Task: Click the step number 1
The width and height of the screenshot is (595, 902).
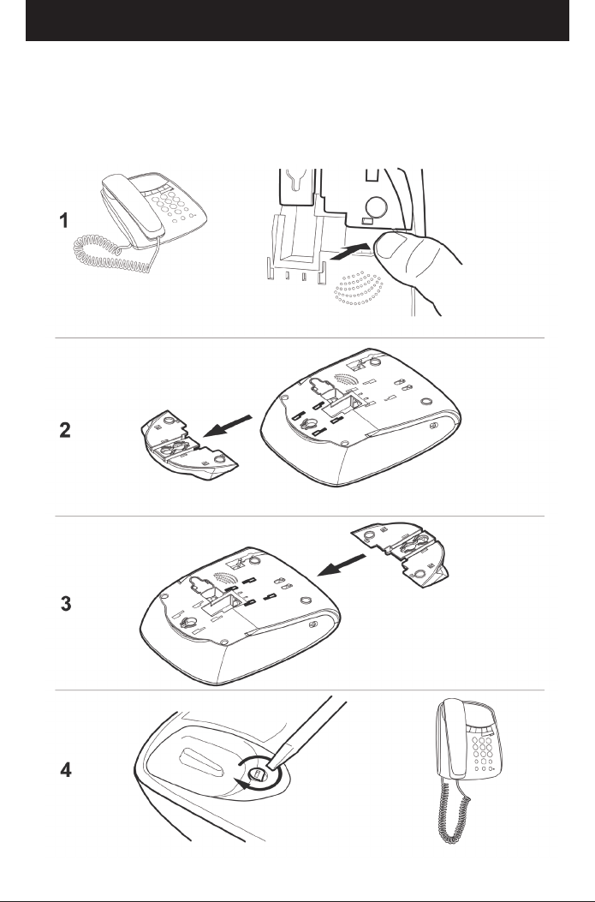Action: point(64,220)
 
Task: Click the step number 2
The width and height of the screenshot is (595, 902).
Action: point(65,430)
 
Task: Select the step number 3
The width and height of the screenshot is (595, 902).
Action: point(66,604)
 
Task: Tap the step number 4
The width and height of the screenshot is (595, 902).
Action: point(66,770)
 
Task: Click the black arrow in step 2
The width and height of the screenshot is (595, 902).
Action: point(228,427)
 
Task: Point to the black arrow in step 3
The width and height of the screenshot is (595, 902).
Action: point(342,564)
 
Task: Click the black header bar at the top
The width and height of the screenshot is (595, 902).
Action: point(297,21)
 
